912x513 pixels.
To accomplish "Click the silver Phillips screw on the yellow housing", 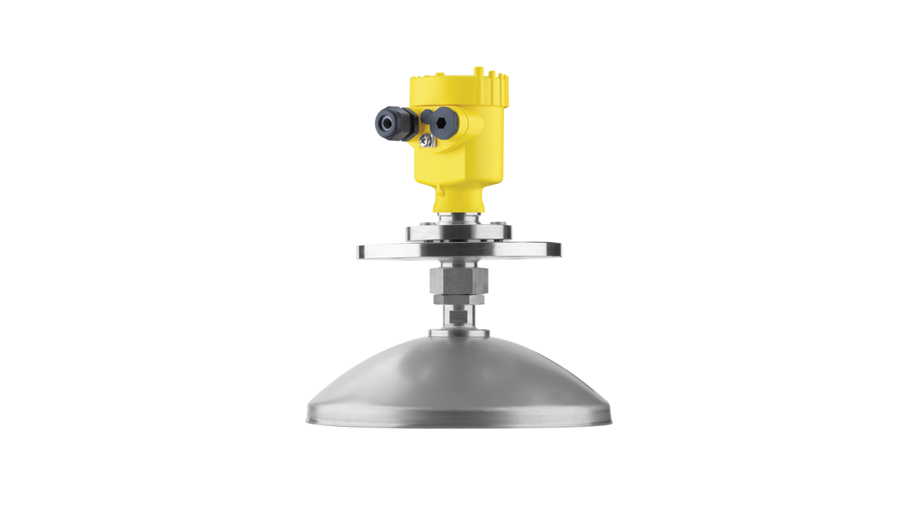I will [x=425, y=140].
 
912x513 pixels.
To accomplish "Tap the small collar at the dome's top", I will [x=458, y=332].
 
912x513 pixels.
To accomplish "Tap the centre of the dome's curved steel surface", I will [x=458, y=379].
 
